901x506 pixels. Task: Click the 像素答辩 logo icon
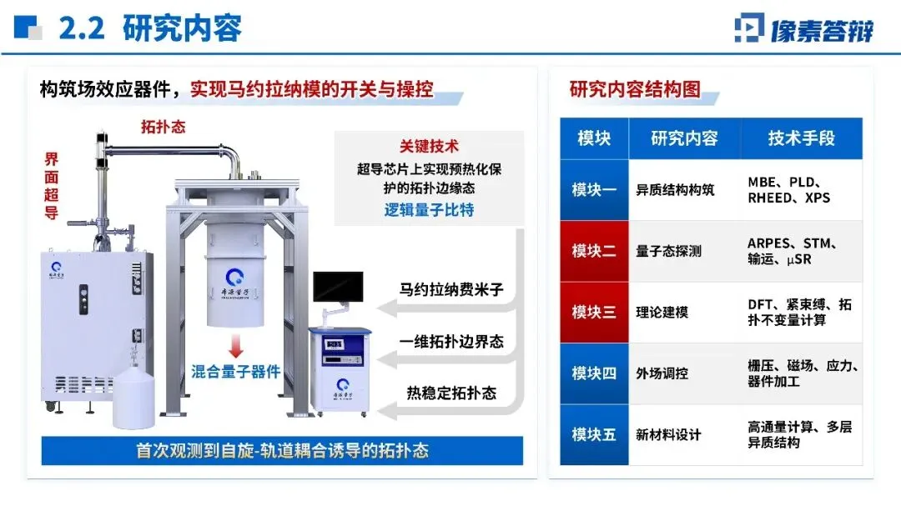749,28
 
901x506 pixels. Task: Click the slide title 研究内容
182,28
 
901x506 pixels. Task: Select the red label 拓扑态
164,127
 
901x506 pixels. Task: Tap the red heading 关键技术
430,146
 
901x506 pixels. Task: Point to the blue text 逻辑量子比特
430,209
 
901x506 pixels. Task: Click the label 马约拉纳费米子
451,289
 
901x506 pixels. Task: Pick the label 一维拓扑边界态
451,342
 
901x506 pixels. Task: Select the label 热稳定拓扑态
451,393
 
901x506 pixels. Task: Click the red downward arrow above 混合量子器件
235,346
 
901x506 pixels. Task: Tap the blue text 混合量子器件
235,372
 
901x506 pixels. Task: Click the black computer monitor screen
338,287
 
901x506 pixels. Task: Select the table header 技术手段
801,138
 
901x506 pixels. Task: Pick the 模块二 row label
594,251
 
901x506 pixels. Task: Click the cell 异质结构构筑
675,190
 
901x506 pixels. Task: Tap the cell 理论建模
662,313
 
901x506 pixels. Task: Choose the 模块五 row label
594,435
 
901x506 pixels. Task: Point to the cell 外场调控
662,373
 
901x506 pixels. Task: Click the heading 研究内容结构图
635,89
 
